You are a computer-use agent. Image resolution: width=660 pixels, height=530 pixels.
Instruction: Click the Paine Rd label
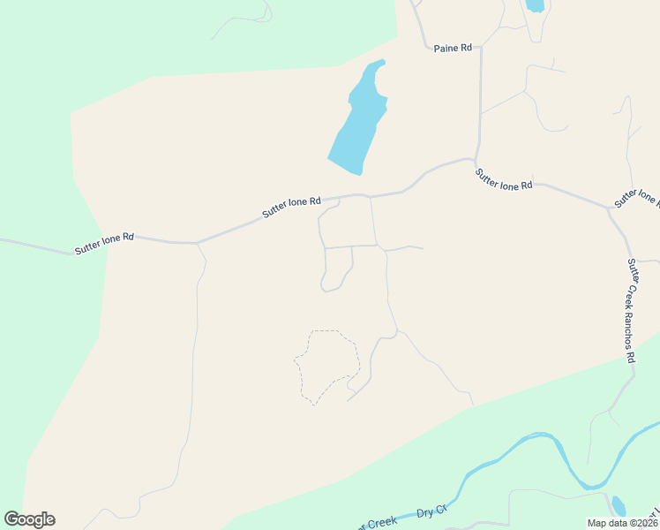452,49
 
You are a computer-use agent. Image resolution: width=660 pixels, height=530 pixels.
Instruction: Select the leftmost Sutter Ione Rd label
104,243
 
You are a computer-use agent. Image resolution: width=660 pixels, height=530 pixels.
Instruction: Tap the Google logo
29,519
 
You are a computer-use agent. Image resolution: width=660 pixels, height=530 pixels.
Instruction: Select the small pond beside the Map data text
619,505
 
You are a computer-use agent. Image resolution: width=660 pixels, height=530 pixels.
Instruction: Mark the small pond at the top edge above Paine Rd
535,5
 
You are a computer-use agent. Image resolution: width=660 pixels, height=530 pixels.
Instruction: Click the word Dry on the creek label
426,512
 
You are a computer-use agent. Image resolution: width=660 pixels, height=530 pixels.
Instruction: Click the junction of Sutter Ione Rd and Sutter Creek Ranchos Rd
609,209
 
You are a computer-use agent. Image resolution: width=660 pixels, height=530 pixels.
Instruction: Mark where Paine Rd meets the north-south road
481,49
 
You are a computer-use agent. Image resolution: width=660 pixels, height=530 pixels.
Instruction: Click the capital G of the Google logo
11,519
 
